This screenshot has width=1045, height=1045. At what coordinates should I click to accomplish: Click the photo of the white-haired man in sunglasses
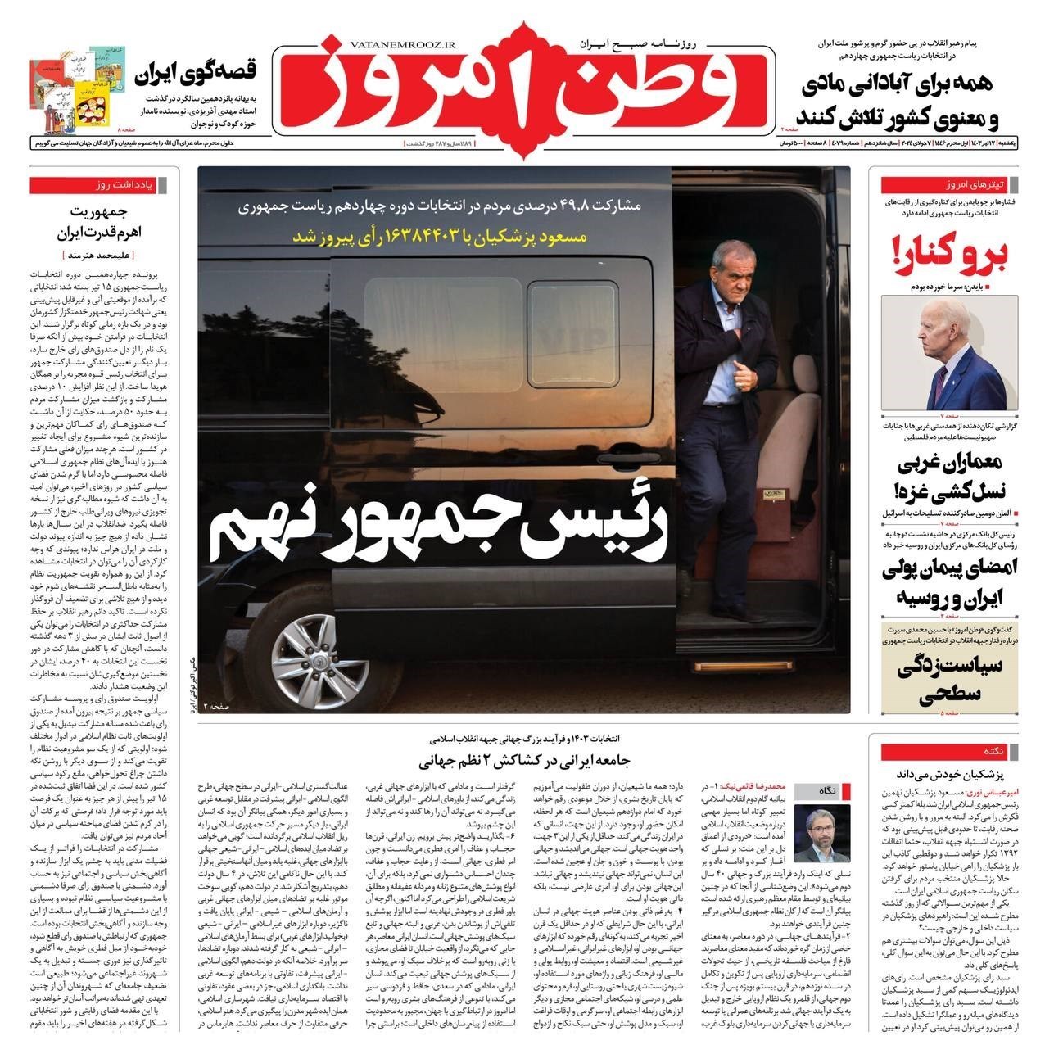click(x=948, y=353)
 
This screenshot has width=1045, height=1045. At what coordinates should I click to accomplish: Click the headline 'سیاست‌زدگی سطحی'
click(x=948, y=682)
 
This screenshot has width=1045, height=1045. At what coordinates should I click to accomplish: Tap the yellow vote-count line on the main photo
click(x=455, y=237)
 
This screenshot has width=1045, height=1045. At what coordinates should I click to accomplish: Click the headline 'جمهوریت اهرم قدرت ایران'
click(x=97, y=223)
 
